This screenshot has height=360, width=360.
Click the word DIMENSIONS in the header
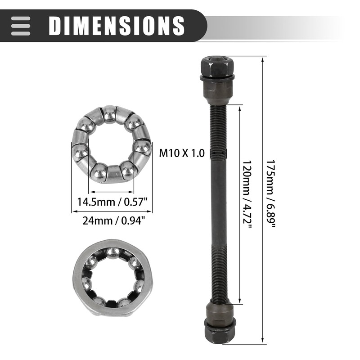(117, 26)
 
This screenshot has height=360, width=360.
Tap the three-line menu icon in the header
(21, 26)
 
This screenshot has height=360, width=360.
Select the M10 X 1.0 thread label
(182, 153)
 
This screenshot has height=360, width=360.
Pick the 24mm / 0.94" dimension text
(112, 220)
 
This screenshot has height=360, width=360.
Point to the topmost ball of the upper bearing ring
(109, 112)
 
